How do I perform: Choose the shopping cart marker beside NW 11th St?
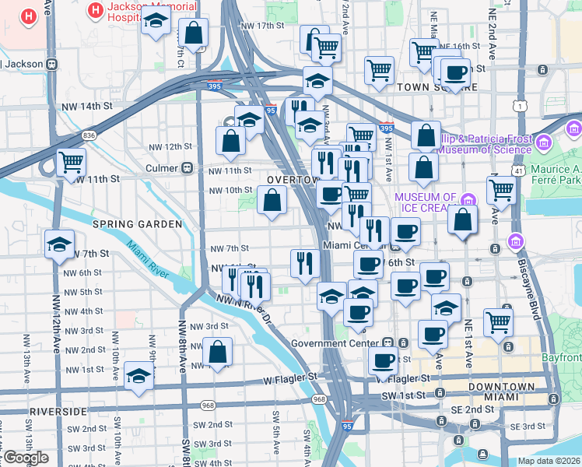point(71,162)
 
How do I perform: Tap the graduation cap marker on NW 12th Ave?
point(60,245)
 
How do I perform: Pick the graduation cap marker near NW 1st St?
point(139,376)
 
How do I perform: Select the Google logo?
point(26,458)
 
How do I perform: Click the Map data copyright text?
point(548,461)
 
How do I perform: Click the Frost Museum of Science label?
point(482,143)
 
